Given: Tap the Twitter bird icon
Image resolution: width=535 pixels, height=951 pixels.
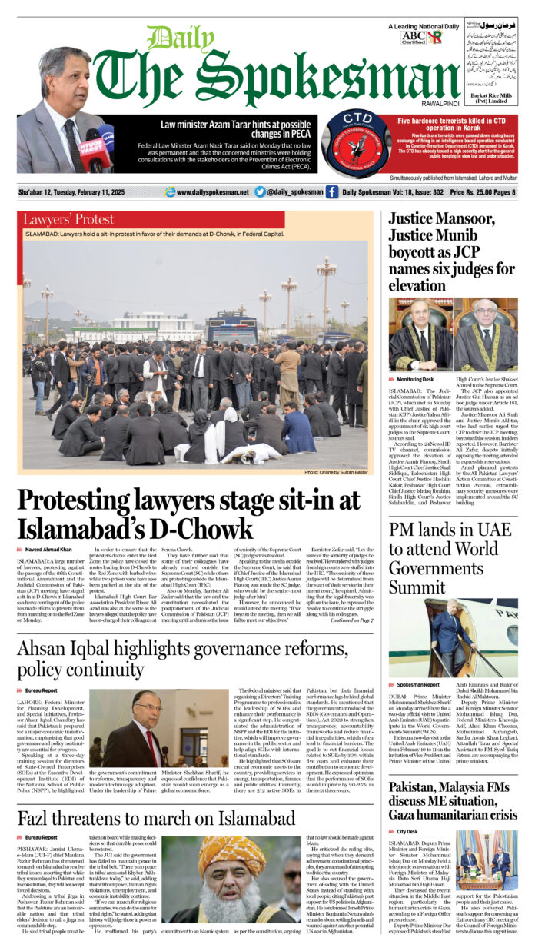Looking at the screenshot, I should point(260,192).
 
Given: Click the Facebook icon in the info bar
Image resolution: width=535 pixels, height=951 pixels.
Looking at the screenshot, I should point(332,192).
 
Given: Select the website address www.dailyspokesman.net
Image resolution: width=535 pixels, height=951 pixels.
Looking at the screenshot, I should point(208,192).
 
